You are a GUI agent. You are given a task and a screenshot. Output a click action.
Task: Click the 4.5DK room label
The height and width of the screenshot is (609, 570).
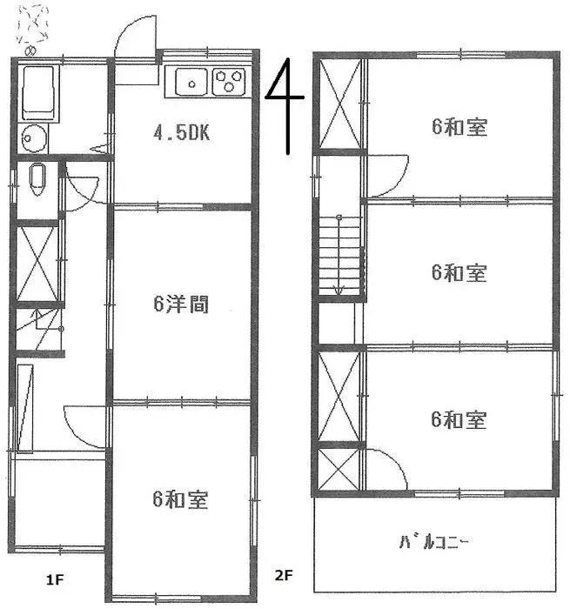(x=183, y=134)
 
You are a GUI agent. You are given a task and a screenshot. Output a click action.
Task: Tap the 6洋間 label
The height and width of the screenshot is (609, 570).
(x=180, y=304)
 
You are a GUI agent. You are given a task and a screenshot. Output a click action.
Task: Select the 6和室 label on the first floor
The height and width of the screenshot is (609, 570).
(x=179, y=500)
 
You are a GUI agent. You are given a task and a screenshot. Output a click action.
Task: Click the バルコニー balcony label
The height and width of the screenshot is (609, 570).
(x=434, y=544)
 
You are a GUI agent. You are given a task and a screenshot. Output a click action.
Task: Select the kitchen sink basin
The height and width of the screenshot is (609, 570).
(x=191, y=83)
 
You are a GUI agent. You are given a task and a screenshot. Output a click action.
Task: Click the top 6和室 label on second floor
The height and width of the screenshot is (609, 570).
(x=459, y=127)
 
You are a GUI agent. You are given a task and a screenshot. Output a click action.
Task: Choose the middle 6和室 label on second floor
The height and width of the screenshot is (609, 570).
(x=459, y=272)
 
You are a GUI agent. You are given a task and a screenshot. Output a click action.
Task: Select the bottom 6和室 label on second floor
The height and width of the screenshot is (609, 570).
(x=459, y=420)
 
